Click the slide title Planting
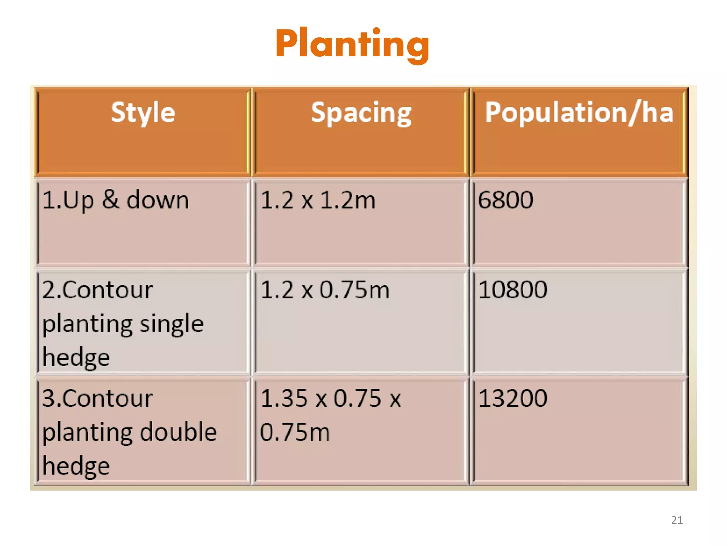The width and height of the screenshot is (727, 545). tap(352, 44)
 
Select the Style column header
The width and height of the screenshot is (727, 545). tap(143, 113)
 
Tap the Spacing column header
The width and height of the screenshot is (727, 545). tap(361, 113)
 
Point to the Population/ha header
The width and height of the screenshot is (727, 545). tap(579, 113)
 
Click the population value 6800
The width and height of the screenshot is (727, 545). tap(505, 200)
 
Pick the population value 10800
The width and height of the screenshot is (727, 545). tap(513, 290)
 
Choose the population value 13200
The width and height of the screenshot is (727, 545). tap(513, 398)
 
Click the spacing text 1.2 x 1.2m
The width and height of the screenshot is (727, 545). tap(318, 200)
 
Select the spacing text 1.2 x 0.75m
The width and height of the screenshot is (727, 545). tap(325, 290)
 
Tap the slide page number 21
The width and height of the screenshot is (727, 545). tap(677, 520)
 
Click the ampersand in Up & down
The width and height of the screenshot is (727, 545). tap(110, 199)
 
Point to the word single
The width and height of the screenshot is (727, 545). tap(171, 324)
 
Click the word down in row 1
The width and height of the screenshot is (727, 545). tap(158, 200)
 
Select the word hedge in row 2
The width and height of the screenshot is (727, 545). tap(76, 358)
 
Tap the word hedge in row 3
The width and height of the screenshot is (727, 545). tap(76, 466)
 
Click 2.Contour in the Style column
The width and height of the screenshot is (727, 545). tap(98, 290)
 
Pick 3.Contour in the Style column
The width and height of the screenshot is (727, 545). tap(98, 398)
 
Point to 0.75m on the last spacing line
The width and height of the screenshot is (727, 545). tap(295, 432)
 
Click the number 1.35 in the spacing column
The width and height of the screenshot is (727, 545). tap(284, 398)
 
